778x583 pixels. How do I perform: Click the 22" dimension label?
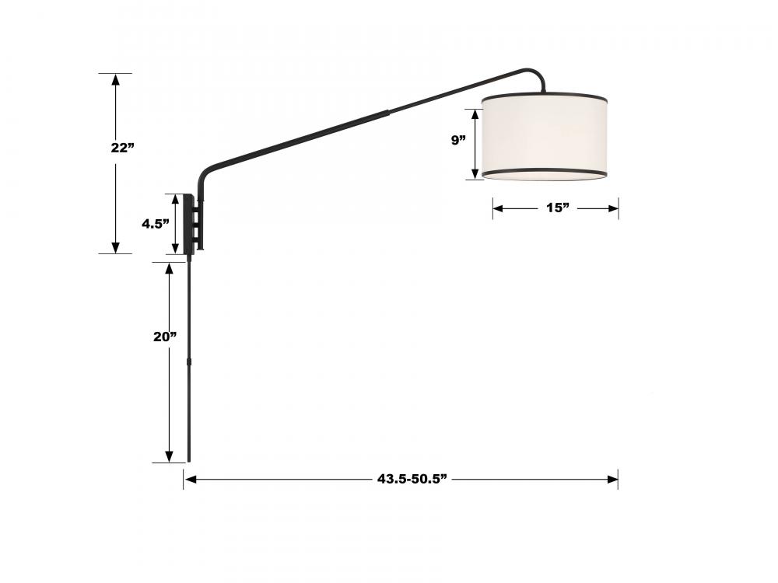click(123, 148)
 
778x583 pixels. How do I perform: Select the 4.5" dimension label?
click(156, 224)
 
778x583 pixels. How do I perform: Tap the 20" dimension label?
click(165, 337)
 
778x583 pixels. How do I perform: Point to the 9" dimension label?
click(458, 140)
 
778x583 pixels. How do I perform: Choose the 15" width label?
click(558, 208)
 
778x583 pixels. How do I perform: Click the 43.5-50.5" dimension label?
click(412, 479)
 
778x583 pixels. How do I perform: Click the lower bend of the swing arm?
click(205, 174)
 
